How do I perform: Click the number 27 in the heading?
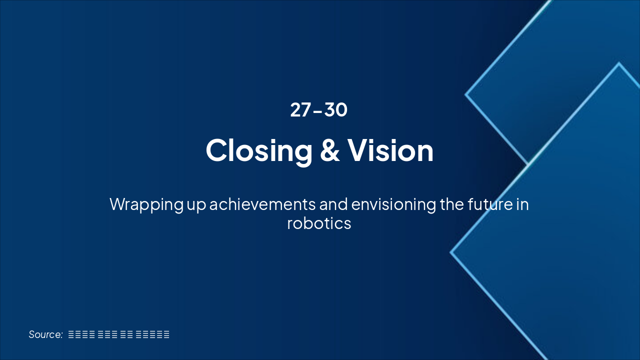coord(300,110)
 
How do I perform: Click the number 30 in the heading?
coord(336,110)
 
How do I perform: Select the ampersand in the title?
coord(329,150)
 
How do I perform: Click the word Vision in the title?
coord(390,150)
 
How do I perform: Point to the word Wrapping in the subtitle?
coord(146,204)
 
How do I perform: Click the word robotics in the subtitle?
coord(319,223)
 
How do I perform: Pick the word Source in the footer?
coord(44,334)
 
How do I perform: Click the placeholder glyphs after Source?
coord(118,334)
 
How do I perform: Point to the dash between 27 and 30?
coord(317,111)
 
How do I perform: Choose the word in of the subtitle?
coord(522,204)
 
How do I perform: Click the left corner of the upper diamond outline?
coord(466,94)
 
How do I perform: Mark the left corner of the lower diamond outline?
coord(451,252)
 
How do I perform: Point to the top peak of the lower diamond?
coord(619,63)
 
